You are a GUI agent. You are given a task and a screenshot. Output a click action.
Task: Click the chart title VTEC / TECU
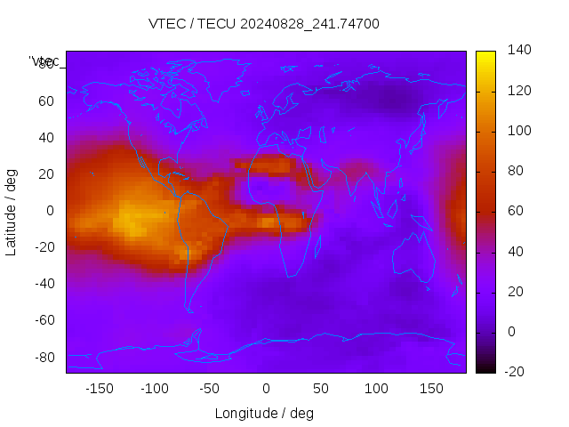point(264,24)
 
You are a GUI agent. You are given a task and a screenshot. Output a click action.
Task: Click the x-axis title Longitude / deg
point(264,413)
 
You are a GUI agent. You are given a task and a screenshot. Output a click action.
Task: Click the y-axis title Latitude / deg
point(12,212)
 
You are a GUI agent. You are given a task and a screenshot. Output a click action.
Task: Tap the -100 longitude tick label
point(155,389)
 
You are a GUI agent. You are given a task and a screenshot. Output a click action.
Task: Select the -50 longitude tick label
point(210,389)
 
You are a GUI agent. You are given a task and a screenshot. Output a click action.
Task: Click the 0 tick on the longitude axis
point(266,389)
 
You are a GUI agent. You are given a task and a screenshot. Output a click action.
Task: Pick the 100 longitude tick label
point(376,389)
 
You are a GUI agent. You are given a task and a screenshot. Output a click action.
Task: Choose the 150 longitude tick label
point(432,389)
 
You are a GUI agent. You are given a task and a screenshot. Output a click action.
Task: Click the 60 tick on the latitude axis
point(46,101)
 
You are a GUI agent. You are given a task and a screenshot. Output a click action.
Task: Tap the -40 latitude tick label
point(43,284)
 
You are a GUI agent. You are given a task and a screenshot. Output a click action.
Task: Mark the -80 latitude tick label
point(43,357)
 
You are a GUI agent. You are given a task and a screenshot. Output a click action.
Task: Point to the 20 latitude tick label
point(46,173)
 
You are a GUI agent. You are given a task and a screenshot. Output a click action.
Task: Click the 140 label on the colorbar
point(519,51)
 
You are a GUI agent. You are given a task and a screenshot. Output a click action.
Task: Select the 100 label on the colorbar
point(519,131)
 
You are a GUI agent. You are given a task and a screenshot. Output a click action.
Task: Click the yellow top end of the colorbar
point(485,55)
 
